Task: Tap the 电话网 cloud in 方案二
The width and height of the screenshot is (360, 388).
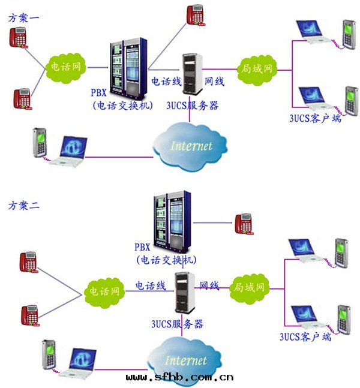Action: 104,291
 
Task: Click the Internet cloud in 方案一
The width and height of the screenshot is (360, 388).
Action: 191,144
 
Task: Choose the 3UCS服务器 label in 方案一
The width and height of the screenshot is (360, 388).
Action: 193,106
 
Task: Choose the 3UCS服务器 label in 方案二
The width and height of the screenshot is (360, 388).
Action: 177,324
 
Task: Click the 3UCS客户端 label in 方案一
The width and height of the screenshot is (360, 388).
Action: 316,118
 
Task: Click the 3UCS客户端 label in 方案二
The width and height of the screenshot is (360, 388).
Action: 306,336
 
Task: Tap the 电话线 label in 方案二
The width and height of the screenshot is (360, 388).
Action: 150,286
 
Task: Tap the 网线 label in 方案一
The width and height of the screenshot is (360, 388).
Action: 215,82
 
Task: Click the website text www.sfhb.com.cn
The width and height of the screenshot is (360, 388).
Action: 180,378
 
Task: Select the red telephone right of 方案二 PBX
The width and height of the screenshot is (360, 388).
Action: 243,223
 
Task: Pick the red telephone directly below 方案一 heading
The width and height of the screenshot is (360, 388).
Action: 20,37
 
